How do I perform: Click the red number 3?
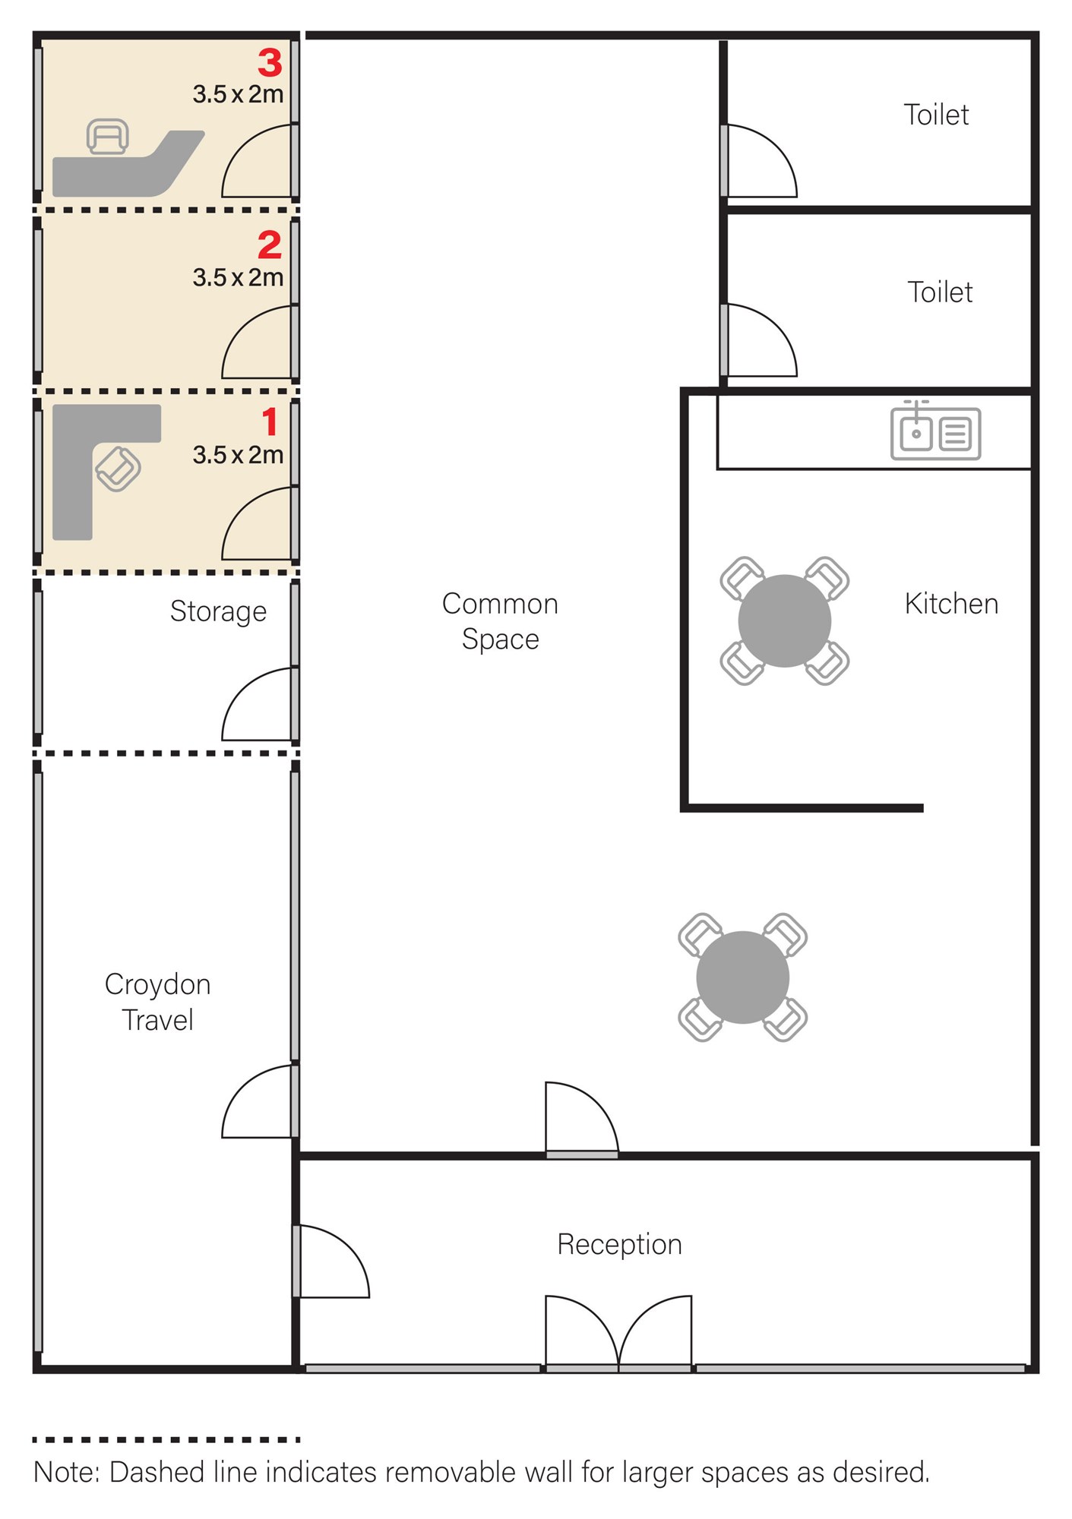click(270, 62)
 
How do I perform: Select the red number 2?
click(270, 245)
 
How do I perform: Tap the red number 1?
click(270, 422)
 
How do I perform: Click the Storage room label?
click(218, 611)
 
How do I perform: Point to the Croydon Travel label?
click(158, 1002)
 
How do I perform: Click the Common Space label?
click(501, 621)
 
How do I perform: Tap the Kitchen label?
click(951, 604)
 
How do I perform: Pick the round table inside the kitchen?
click(785, 621)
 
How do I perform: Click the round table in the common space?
click(743, 977)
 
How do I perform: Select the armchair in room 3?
click(107, 137)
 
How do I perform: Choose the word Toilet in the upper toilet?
click(936, 115)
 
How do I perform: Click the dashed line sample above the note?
click(166, 1439)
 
